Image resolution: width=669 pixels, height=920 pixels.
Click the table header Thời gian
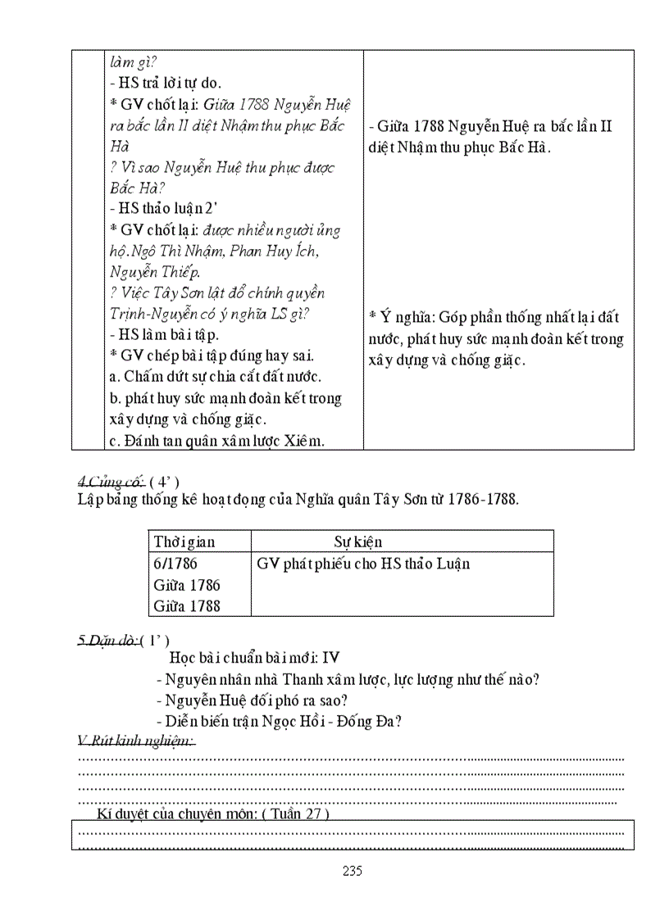point(184,542)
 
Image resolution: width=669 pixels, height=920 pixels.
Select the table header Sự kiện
point(357,542)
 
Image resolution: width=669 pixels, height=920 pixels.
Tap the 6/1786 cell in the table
point(175,564)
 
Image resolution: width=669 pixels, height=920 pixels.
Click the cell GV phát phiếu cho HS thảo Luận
point(363,564)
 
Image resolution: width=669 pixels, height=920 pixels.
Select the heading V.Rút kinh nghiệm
point(136,741)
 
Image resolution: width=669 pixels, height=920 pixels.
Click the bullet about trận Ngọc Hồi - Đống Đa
point(283,721)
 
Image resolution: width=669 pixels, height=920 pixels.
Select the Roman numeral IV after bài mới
point(330,658)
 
